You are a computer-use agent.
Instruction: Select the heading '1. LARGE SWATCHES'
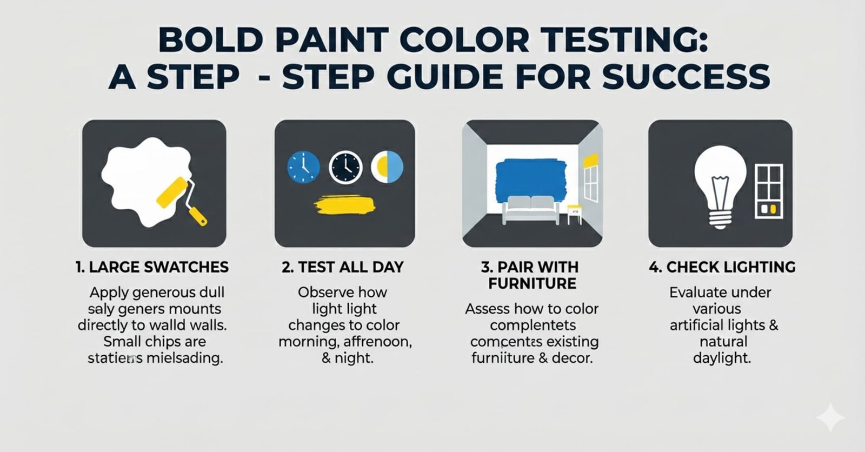point(152,267)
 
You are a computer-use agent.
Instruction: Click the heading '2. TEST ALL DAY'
point(343,267)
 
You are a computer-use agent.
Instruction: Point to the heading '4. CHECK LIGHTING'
point(722,267)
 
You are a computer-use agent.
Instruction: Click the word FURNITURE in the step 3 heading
point(532,284)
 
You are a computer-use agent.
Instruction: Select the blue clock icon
point(303,167)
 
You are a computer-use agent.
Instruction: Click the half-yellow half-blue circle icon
point(387,167)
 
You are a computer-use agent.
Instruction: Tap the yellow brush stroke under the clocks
point(345,205)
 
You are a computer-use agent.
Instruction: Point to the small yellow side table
point(574,212)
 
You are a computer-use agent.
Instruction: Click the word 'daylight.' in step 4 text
point(722,358)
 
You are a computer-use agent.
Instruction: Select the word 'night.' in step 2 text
point(355,358)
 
